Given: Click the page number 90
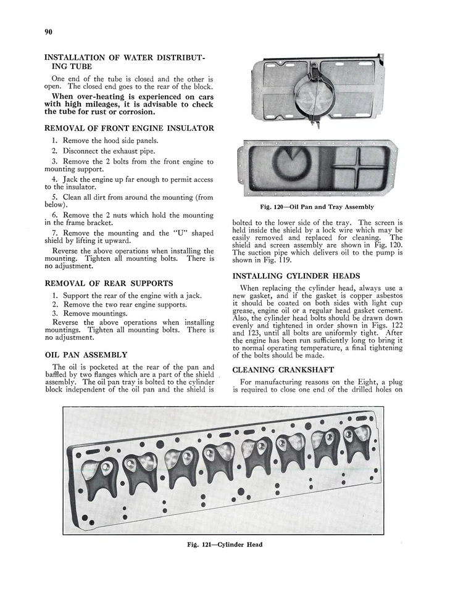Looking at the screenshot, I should tap(48, 32).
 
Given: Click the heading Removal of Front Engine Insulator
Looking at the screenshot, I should tap(129, 128).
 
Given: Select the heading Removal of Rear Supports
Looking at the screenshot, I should tap(109, 283).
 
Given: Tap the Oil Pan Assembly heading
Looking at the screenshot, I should tap(86, 355).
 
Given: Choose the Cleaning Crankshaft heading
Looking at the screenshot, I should tap(283, 370).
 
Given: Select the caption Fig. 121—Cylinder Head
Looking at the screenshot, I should tap(225, 545).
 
